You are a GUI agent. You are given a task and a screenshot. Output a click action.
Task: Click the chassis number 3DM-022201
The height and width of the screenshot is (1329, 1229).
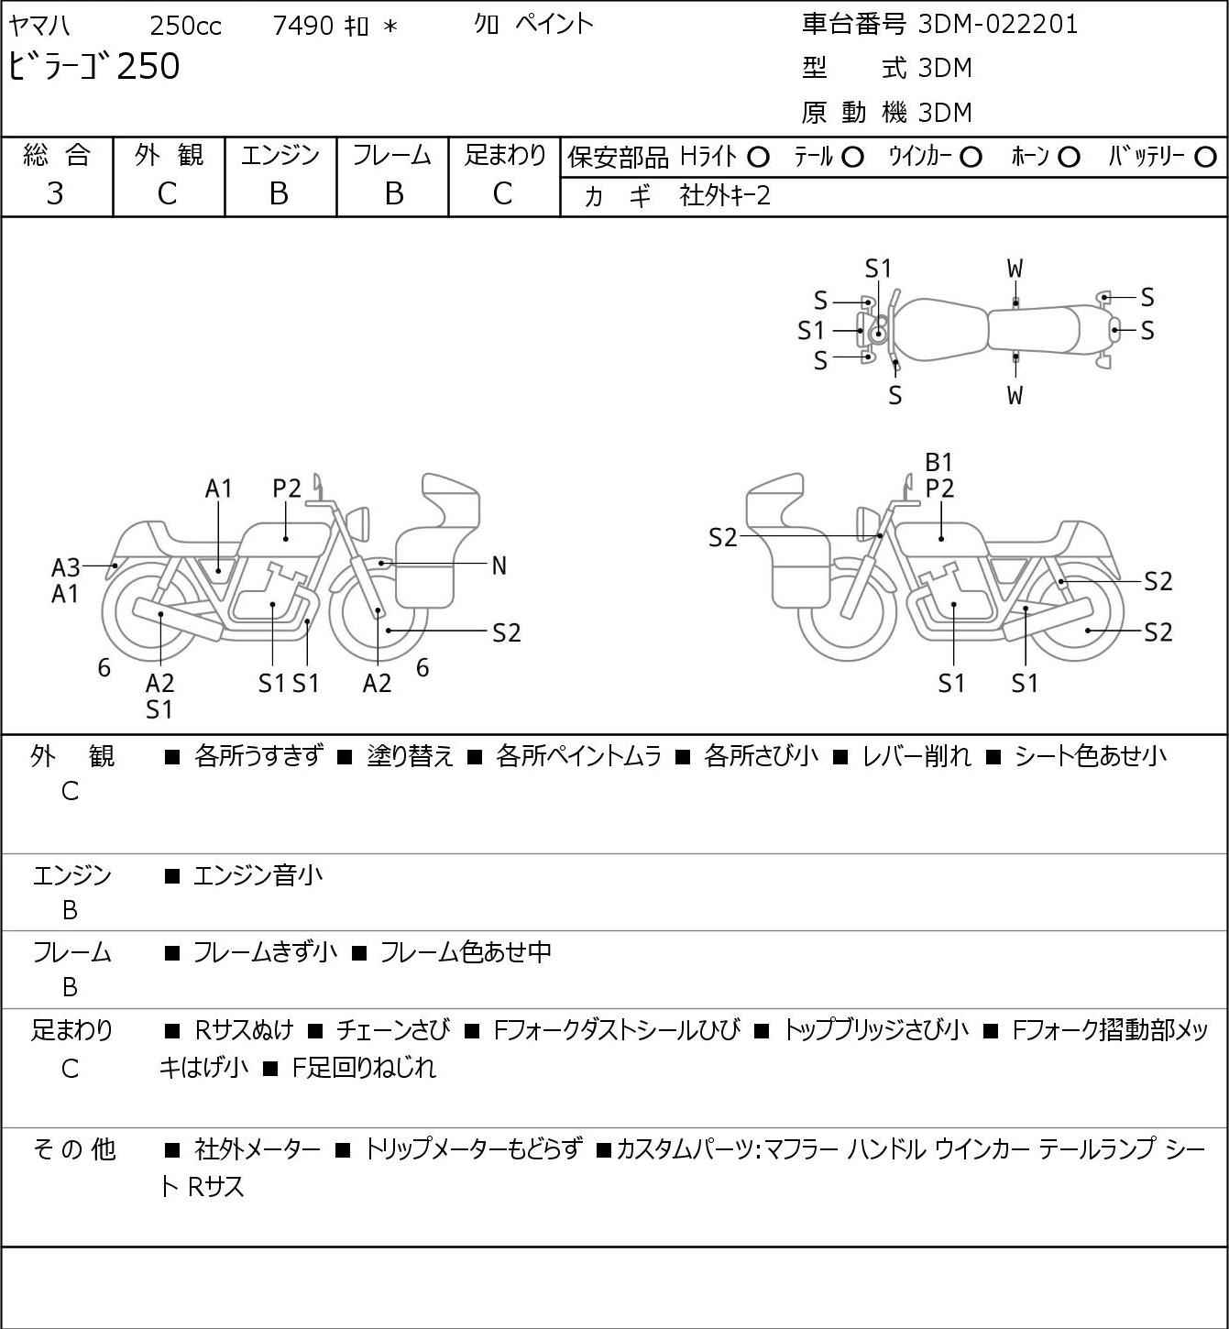click(998, 25)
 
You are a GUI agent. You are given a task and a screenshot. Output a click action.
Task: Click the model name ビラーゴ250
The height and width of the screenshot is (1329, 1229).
click(94, 67)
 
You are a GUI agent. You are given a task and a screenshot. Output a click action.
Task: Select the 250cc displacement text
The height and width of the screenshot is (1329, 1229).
click(185, 26)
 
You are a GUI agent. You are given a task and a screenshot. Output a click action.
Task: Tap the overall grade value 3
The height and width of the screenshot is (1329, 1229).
click(55, 193)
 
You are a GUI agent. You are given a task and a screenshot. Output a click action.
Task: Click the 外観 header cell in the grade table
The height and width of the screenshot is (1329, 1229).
click(168, 156)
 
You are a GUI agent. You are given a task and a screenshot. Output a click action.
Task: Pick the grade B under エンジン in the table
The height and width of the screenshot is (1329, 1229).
click(280, 193)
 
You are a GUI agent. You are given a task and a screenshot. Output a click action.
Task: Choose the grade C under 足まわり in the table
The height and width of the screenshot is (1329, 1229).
click(502, 193)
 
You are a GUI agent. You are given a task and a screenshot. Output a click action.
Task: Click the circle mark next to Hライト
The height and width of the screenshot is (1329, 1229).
click(758, 158)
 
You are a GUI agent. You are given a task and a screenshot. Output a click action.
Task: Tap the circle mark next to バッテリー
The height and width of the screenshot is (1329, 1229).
click(1206, 158)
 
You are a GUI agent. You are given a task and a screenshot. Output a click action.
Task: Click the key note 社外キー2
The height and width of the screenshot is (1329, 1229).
click(725, 195)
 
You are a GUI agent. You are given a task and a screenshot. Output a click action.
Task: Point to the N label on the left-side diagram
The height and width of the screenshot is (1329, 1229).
click(499, 566)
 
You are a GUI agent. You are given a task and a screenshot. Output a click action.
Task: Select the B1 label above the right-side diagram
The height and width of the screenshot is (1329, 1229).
click(939, 462)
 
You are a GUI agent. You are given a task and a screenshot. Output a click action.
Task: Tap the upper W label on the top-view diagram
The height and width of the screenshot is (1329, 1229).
click(1015, 269)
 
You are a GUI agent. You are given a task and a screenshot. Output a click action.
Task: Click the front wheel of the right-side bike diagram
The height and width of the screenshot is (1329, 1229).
click(846, 614)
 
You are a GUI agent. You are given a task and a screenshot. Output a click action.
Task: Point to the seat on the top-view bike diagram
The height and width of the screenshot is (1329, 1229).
click(1033, 328)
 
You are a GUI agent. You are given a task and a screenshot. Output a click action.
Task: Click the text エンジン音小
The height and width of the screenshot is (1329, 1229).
click(258, 876)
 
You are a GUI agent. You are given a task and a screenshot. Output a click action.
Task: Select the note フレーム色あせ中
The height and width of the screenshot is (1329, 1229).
click(465, 953)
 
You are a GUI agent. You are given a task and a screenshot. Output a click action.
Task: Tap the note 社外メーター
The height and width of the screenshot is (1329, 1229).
click(258, 1149)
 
